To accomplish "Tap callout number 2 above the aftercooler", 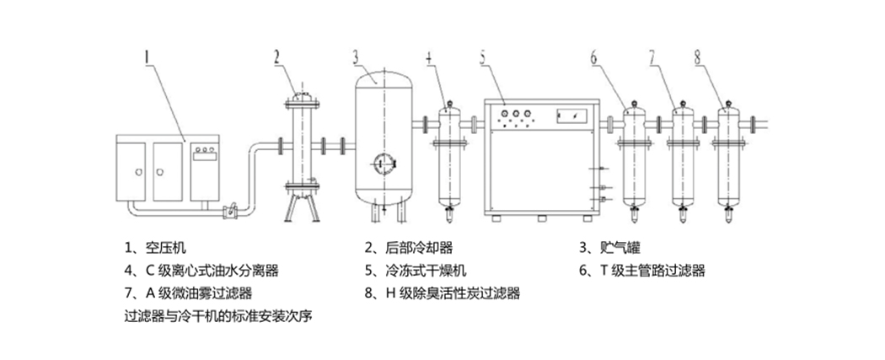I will pyautogui.click(x=276, y=57).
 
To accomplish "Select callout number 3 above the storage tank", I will pyautogui.click(x=356, y=57).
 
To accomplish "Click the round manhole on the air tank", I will pyautogui.click(x=384, y=161).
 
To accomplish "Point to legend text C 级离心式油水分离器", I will pyautogui.click(x=201, y=271).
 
